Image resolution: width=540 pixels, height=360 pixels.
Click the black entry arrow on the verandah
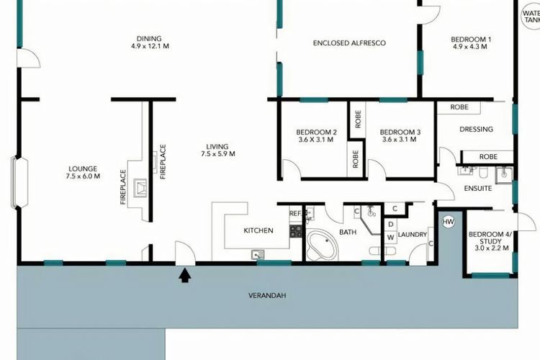coord(185,276)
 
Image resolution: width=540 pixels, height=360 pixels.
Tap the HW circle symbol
coord(448,222)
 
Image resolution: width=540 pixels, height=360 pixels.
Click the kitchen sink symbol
coord(258,255)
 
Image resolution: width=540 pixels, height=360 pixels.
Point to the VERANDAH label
coord(267,296)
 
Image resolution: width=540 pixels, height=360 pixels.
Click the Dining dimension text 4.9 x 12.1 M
coord(150,46)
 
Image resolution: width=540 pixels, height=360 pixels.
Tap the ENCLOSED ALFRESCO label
coord(349,43)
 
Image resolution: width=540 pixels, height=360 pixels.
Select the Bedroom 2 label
coord(317,132)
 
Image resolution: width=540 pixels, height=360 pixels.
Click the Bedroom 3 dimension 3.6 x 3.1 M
coord(400,140)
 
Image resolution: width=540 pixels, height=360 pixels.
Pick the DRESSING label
coord(477,129)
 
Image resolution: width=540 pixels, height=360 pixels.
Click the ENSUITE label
coord(478,189)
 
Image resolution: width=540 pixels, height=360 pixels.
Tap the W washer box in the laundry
coord(390,238)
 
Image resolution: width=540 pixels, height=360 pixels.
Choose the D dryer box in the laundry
coord(390,225)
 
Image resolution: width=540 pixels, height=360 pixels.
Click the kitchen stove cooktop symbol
coord(295,231)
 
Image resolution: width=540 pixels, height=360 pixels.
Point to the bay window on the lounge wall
coord(19,182)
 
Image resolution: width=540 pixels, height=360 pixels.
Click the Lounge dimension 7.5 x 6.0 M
coord(83,176)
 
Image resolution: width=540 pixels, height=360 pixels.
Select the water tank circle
coord(531,16)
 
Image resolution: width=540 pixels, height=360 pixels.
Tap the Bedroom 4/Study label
coord(490,238)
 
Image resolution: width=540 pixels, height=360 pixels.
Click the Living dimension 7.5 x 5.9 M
coord(218,154)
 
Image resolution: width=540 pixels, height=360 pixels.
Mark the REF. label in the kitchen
coord(296,214)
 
